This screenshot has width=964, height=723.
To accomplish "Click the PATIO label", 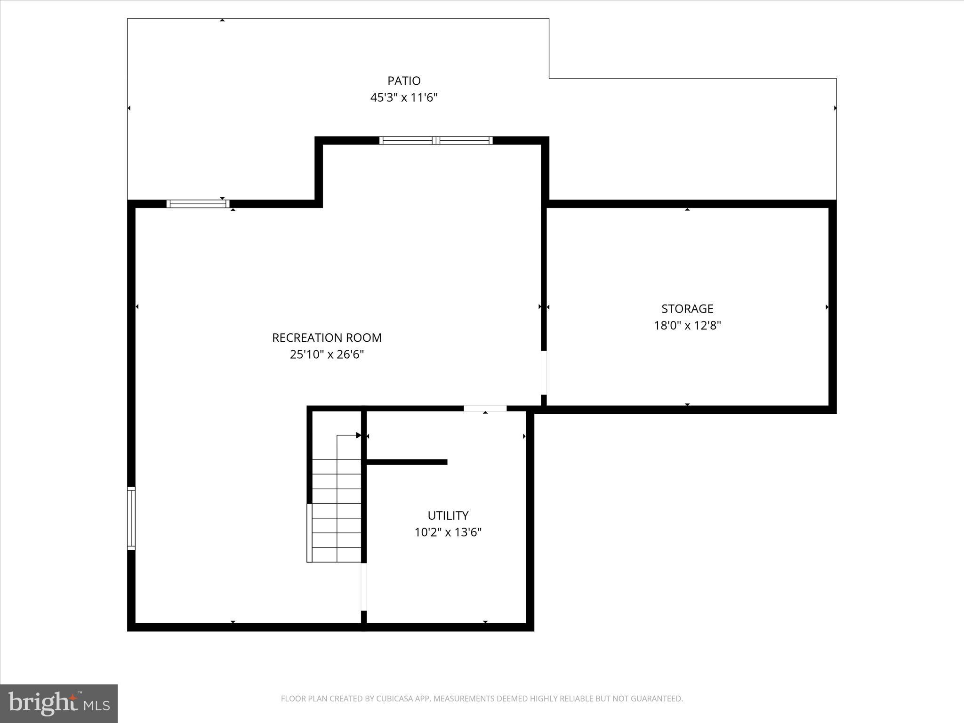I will pyautogui.click(x=404, y=81).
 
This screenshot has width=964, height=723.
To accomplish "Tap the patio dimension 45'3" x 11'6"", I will pyautogui.click(x=404, y=98).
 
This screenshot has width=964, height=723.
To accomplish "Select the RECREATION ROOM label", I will pyautogui.click(x=327, y=337).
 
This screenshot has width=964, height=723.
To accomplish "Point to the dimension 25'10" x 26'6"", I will pyautogui.click(x=327, y=354).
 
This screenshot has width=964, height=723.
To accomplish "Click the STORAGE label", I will pyautogui.click(x=687, y=309).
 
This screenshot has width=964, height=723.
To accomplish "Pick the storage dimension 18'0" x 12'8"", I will pyautogui.click(x=687, y=326).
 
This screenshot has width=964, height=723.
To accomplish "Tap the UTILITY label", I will pyautogui.click(x=448, y=515).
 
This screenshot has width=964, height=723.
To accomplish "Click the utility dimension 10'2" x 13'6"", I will pyautogui.click(x=448, y=532).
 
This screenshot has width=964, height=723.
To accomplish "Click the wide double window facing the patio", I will pyautogui.click(x=436, y=140).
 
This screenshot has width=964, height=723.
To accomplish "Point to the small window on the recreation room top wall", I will pyautogui.click(x=198, y=204).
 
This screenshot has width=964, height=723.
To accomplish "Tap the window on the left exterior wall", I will pyautogui.click(x=131, y=518).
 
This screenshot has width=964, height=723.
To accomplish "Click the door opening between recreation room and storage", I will pyautogui.click(x=544, y=373).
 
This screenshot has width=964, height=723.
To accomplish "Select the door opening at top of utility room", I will pyautogui.click(x=485, y=409).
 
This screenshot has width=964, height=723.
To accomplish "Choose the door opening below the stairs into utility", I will pyautogui.click(x=364, y=586).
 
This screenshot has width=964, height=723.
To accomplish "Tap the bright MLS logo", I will pyautogui.click(x=59, y=704).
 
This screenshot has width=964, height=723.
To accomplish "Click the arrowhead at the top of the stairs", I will pyautogui.click(x=358, y=435).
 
